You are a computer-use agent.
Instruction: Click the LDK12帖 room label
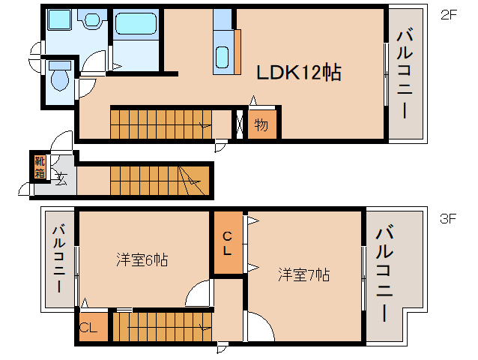coord(299,73)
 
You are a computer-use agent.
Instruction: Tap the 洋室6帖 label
coord(141,261)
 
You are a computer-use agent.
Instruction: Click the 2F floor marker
coord(448,14)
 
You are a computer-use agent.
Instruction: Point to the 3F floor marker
coord(448,219)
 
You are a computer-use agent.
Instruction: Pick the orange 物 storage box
coord(261,124)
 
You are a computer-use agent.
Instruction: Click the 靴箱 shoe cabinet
coord(39,167)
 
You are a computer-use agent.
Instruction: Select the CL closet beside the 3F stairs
coord(88,327)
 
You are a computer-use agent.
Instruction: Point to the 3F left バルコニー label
coord(58,261)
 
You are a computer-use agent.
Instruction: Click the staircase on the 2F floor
coord(160,122)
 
